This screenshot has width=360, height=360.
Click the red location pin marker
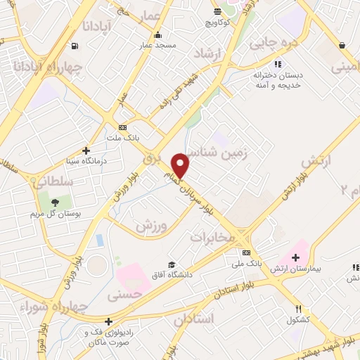click(x=181, y=165)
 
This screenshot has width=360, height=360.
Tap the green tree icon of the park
click(x=55, y=202)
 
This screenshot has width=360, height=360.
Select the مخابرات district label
click(x=211, y=238)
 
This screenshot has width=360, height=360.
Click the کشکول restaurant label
click(x=298, y=320)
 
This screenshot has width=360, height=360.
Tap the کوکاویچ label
click(x=219, y=22)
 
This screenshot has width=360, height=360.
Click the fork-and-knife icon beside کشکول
click(x=298, y=309)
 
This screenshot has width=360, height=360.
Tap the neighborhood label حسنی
click(x=124, y=296)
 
